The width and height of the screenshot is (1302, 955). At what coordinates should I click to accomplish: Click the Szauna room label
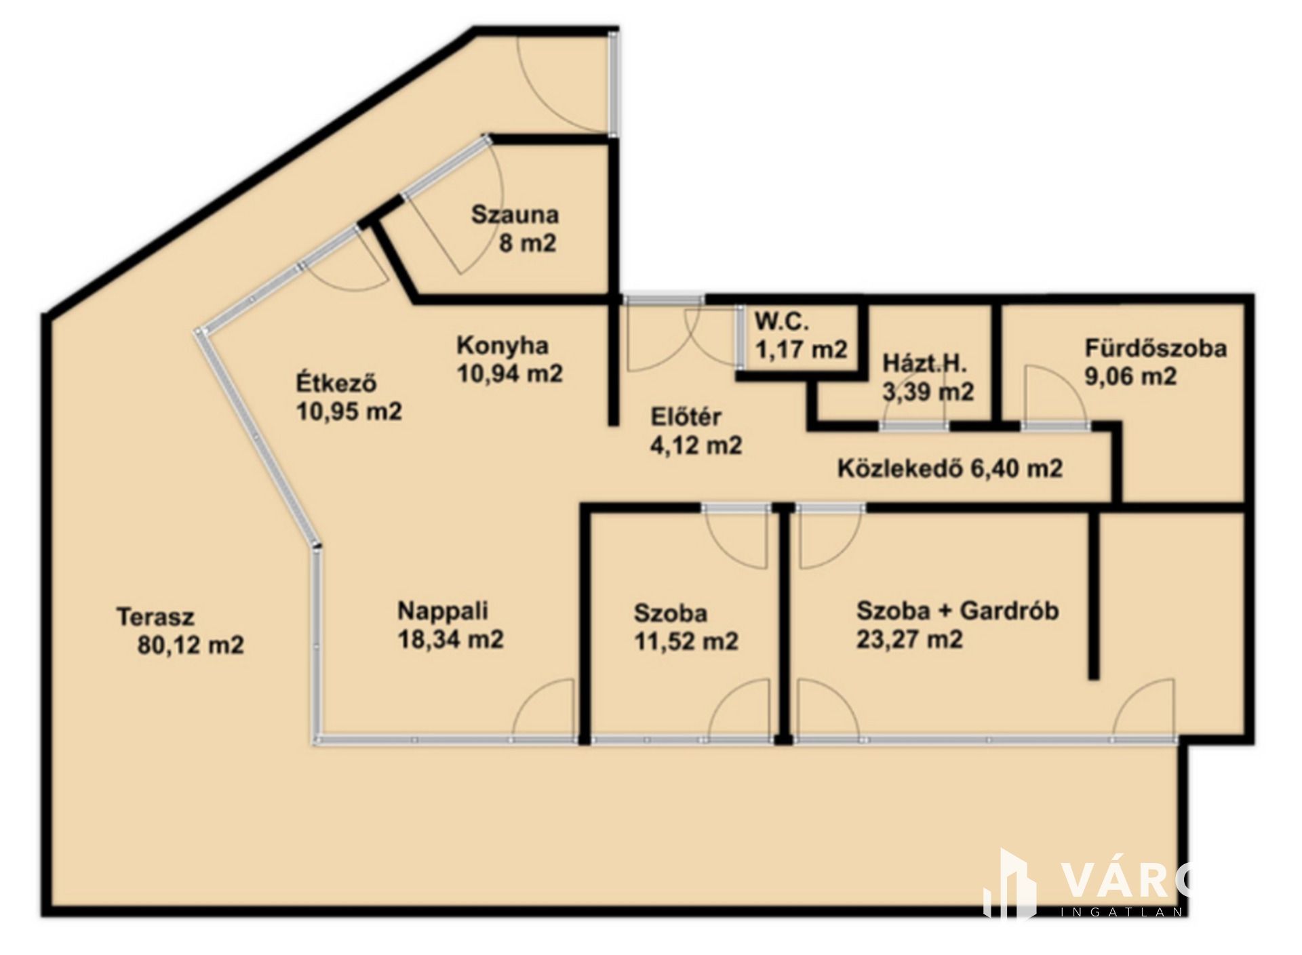[x=515, y=215]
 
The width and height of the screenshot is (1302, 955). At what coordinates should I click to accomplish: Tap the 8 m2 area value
[x=528, y=243]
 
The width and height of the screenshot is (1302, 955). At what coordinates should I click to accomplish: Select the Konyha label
[x=502, y=346]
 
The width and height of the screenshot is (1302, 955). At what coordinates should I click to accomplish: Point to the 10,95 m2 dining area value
[x=349, y=411]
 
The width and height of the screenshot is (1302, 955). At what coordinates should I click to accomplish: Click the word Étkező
[x=336, y=383]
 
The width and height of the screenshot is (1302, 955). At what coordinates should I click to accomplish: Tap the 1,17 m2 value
[x=802, y=350]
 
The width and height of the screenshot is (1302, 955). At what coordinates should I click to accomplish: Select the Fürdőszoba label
[x=1156, y=348]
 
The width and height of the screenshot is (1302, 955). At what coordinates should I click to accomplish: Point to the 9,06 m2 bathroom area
[x=1131, y=376]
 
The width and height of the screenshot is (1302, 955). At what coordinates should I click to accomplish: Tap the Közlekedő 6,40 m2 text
[x=950, y=468]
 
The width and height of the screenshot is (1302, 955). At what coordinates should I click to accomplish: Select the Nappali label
[x=443, y=611]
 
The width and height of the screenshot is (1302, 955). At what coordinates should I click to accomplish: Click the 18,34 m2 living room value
[x=450, y=640]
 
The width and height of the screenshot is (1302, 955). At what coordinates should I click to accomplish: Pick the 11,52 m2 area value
[x=686, y=641]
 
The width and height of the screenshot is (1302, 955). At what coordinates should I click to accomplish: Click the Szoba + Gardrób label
[x=958, y=611]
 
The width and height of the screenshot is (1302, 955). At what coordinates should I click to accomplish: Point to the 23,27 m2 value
[x=909, y=639]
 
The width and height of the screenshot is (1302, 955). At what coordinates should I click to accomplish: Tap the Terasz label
[x=156, y=617]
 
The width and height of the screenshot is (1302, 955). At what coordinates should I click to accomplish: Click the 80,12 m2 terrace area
[x=191, y=645]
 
